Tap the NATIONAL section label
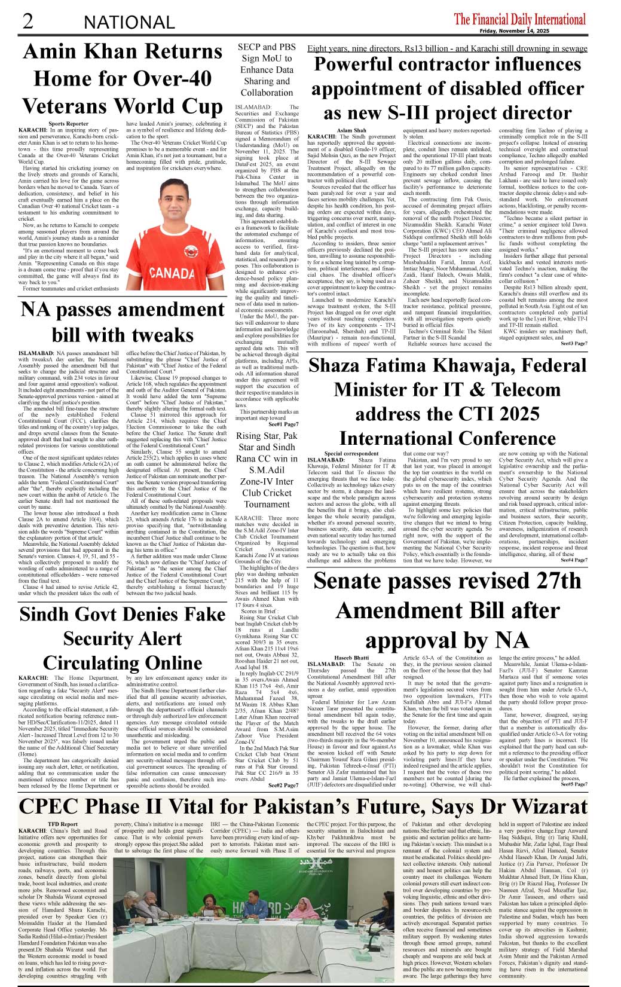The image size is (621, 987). pyautogui.click(x=129, y=23)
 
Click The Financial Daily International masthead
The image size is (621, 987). pyautogui.click(x=519, y=19)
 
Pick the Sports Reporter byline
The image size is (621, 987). pyautogui.click(x=69, y=124)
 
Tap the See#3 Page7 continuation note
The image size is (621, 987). pyautogui.click(x=574, y=344)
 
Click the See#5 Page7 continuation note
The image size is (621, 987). pyautogui.click(x=574, y=784)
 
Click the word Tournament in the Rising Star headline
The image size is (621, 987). pyautogui.click(x=267, y=504)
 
